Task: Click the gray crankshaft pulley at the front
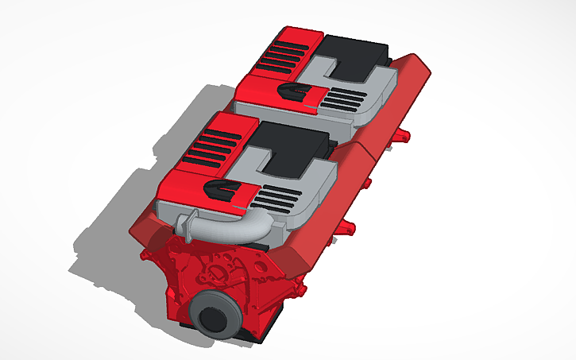point(216,315)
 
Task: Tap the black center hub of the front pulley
point(213,319)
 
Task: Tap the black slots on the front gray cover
point(280,195)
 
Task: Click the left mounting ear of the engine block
point(146,256)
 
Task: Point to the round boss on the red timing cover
point(213,274)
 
